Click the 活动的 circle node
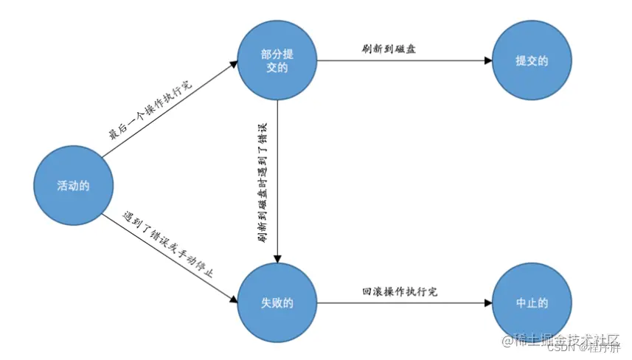pos(73,185)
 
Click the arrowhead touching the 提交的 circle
pos(487,60)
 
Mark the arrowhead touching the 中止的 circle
pos(487,302)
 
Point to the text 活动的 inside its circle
pos(73,185)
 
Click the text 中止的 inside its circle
pos(532,302)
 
